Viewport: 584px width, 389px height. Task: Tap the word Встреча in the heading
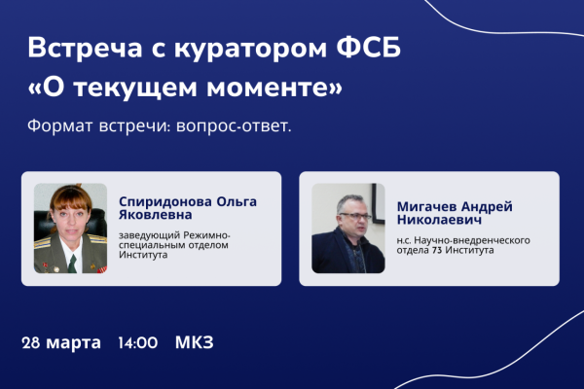pyautogui.click(x=85, y=48)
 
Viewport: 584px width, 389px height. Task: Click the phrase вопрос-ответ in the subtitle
pyautogui.click(x=234, y=126)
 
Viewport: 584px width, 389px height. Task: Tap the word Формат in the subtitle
pyautogui.click(x=59, y=126)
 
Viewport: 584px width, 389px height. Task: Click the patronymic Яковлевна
pyautogui.click(x=156, y=214)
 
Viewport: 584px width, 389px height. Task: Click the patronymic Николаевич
pyautogui.click(x=439, y=220)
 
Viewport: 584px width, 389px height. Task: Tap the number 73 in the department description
pyautogui.click(x=437, y=250)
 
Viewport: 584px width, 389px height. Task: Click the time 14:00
pyautogui.click(x=138, y=343)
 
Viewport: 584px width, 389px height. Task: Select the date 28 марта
pyautogui.click(x=61, y=343)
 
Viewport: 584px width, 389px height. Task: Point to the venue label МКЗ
pyautogui.click(x=195, y=342)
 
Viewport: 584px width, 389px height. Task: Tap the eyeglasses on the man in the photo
pyautogui.click(x=354, y=216)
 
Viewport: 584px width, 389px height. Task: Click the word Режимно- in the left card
pyautogui.click(x=207, y=236)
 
